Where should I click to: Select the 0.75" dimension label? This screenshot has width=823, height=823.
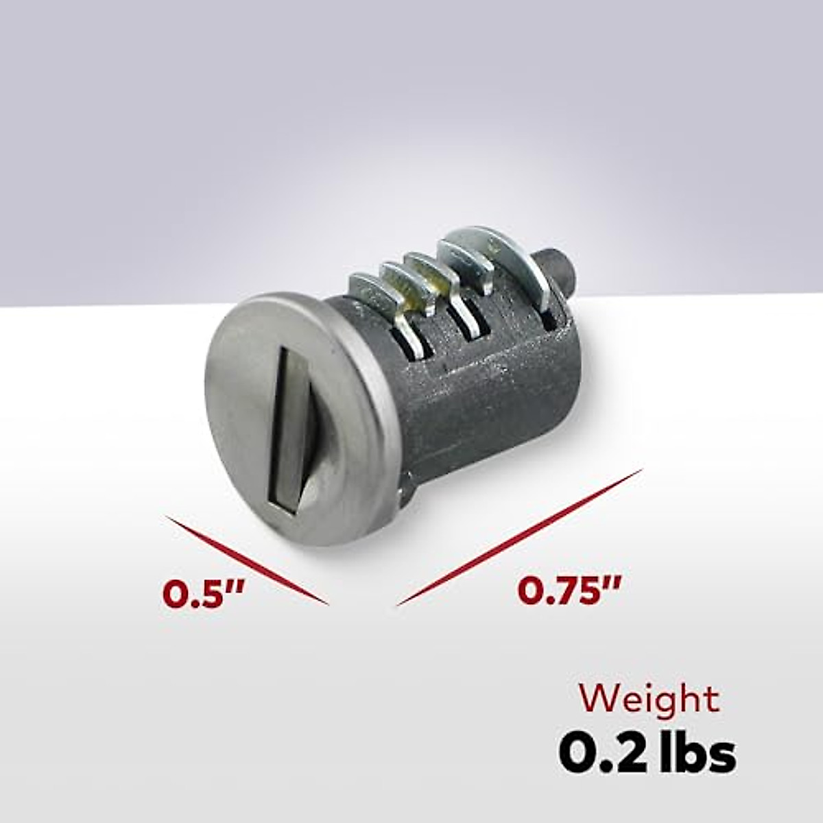(x=569, y=591)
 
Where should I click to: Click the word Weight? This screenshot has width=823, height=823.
(x=649, y=700)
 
